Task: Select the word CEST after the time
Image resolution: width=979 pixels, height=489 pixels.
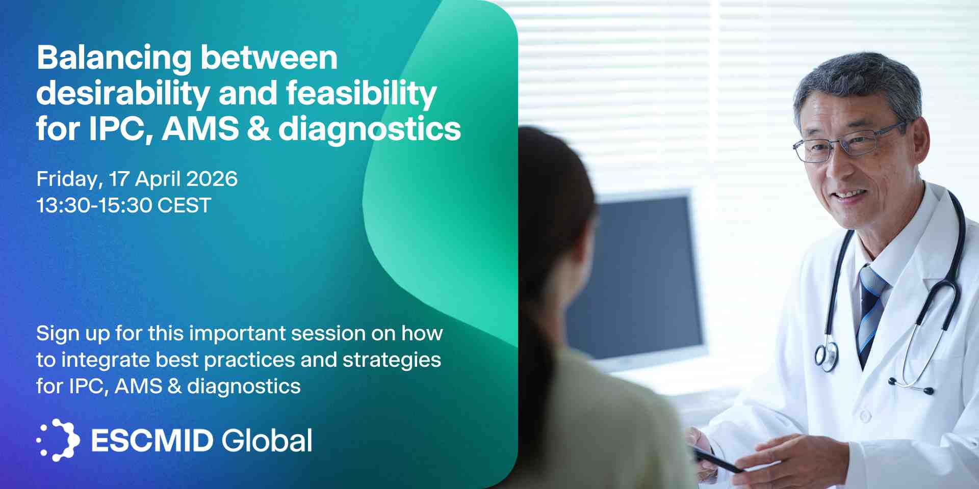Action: click(184, 206)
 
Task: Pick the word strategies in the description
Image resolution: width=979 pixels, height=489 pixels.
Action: click(392, 361)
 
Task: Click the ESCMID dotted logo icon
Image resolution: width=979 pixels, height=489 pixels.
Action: click(58, 440)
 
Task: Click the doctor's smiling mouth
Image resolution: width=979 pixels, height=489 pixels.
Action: click(849, 195)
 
